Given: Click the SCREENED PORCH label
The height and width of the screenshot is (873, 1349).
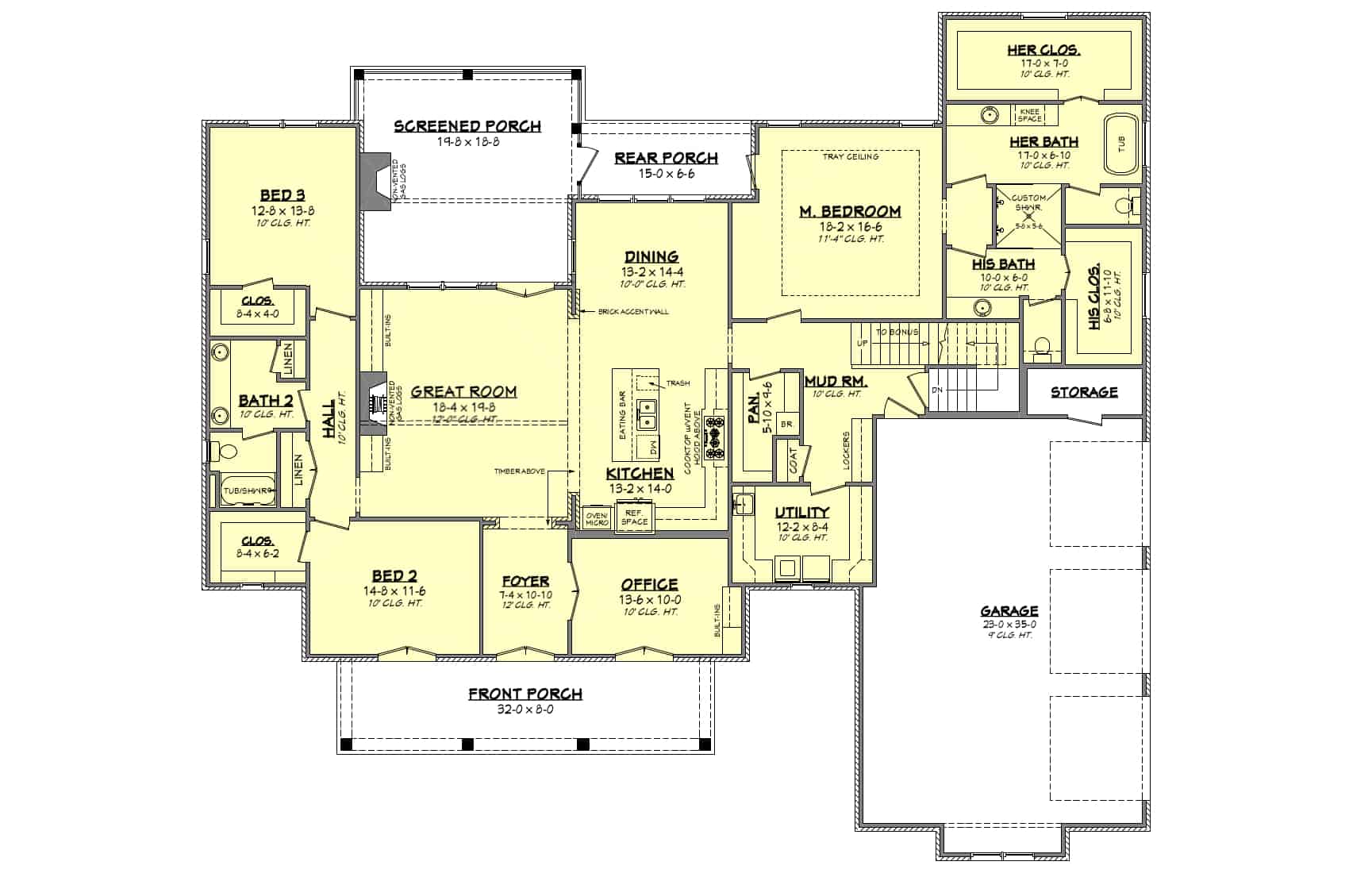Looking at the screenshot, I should pyautogui.click(x=467, y=125).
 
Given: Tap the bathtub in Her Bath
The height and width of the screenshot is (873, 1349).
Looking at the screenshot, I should pyautogui.click(x=1121, y=144).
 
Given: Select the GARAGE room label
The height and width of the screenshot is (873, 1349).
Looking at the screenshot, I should pyautogui.click(x=1009, y=610).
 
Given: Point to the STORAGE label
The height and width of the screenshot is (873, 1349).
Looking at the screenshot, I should pyautogui.click(x=1084, y=392).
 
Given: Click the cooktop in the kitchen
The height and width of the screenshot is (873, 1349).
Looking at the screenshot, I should pyautogui.click(x=714, y=437).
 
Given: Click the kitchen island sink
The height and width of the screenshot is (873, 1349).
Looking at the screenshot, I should pyautogui.click(x=648, y=413).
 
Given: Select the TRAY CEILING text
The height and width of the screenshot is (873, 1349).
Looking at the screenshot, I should pyautogui.click(x=851, y=157).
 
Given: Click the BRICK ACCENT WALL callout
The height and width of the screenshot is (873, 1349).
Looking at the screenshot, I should pyautogui.click(x=632, y=312).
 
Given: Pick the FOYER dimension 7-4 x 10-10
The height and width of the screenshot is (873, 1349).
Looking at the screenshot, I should pyautogui.click(x=525, y=594).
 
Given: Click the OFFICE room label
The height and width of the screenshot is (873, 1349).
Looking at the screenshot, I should pyautogui.click(x=649, y=585).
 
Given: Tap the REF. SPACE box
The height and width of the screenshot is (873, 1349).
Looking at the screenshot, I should pyautogui.click(x=634, y=517).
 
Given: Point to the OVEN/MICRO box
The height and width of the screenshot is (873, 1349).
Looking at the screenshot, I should pyautogui.click(x=596, y=518).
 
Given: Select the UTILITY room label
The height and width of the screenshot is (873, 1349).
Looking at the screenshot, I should pyautogui.click(x=801, y=512).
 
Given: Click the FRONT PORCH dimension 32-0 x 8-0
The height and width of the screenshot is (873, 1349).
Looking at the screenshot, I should pyautogui.click(x=525, y=709).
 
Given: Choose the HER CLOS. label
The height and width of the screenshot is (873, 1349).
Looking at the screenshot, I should pyautogui.click(x=1043, y=50).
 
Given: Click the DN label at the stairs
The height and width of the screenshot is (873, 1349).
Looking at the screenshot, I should pyautogui.click(x=936, y=390).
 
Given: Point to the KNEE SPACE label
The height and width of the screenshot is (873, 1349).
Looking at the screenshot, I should pyautogui.click(x=1029, y=115).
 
